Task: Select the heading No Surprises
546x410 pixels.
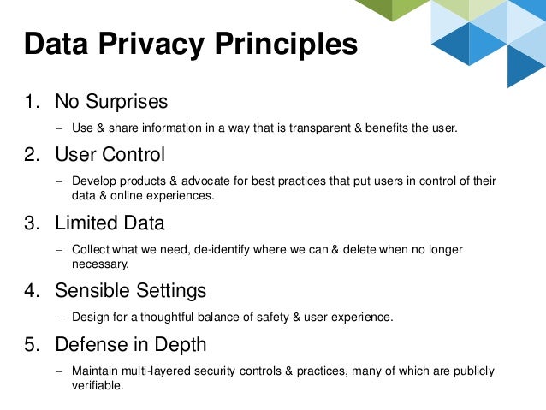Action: pos(111,102)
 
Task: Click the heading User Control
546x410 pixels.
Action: pos(110,155)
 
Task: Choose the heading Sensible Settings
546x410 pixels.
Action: pos(130,291)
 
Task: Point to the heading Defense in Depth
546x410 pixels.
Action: pos(130,345)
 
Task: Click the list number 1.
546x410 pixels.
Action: pos(31,102)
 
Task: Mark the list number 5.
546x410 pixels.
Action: pos(31,345)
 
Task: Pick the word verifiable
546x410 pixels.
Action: pos(98,385)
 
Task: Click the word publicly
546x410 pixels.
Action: pos(472,371)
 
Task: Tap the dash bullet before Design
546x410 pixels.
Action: pos(59,318)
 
